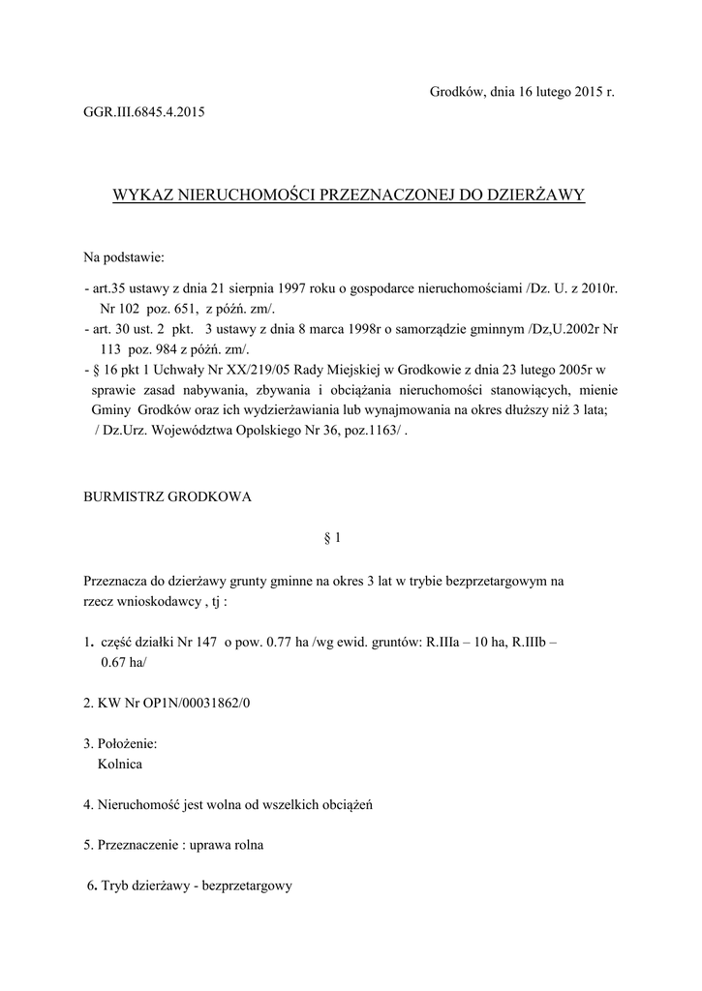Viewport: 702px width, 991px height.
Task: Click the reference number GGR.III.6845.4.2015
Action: (144, 112)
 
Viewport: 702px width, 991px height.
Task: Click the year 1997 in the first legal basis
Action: (293, 288)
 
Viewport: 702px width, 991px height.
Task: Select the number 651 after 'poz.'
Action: (183, 309)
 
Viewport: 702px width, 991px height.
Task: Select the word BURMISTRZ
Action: (124, 496)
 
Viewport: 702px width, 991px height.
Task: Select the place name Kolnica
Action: (120, 764)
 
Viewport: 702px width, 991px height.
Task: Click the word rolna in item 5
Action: (245, 844)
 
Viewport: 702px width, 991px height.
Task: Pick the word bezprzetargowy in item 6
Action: (247, 886)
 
